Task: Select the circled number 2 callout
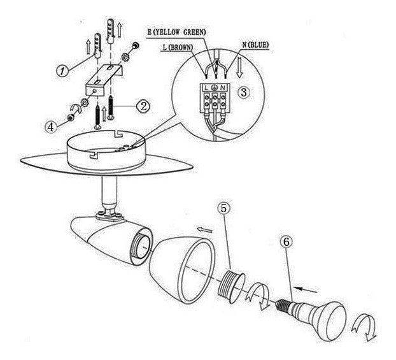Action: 144,106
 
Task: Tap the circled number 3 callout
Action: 243,92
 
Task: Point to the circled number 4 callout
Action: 50,126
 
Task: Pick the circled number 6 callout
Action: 288,243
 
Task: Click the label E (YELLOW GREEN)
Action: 176,31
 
